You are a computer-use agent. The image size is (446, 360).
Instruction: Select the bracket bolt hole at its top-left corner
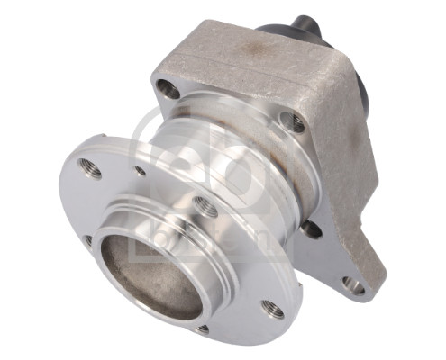[x=166, y=88]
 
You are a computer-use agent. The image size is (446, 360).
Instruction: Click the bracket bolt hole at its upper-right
[x=294, y=121]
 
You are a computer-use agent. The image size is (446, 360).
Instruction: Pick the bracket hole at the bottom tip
[x=353, y=286]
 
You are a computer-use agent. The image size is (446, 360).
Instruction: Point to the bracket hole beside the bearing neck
[x=311, y=229]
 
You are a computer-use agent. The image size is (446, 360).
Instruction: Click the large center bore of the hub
[x=148, y=269]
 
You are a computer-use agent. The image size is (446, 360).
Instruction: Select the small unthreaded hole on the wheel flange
[x=140, y=170]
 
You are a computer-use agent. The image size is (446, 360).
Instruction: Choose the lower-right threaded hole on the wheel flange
[x=270, y=309]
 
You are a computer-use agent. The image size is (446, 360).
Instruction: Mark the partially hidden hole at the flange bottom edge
[x=202, y=329]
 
